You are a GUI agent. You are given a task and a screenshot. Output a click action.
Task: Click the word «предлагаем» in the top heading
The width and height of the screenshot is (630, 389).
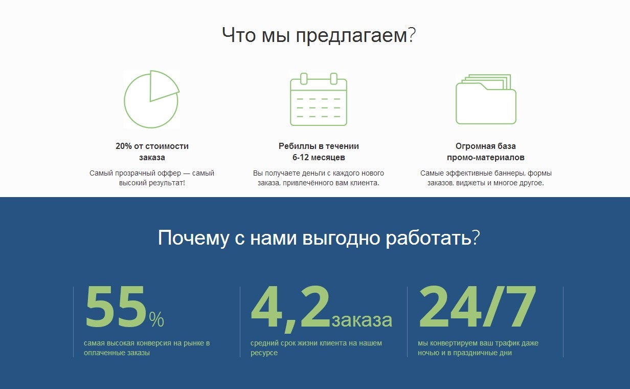point(351,35)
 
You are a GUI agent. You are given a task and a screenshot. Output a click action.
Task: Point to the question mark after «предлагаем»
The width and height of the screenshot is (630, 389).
point(412,35)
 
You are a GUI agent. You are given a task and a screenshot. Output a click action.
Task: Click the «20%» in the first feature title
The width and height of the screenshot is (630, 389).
point(123,146)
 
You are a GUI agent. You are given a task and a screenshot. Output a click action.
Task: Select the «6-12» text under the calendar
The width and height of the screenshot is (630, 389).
point(302,157)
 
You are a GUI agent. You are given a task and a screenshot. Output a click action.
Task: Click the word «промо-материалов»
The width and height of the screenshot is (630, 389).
point(486,157)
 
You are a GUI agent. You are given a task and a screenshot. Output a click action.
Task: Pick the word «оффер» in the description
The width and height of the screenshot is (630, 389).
point(170,173)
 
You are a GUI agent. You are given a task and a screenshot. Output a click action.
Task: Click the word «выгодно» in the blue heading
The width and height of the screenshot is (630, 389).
point(341,238)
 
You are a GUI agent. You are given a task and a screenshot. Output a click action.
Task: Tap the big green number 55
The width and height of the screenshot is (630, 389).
point(116,307)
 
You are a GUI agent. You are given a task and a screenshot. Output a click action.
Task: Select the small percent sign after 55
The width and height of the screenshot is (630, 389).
point(156,319)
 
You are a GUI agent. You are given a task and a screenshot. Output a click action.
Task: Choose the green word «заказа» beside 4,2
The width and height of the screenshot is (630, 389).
point(362,320)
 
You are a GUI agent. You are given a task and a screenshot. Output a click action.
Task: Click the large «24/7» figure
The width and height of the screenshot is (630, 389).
point(477,307)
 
